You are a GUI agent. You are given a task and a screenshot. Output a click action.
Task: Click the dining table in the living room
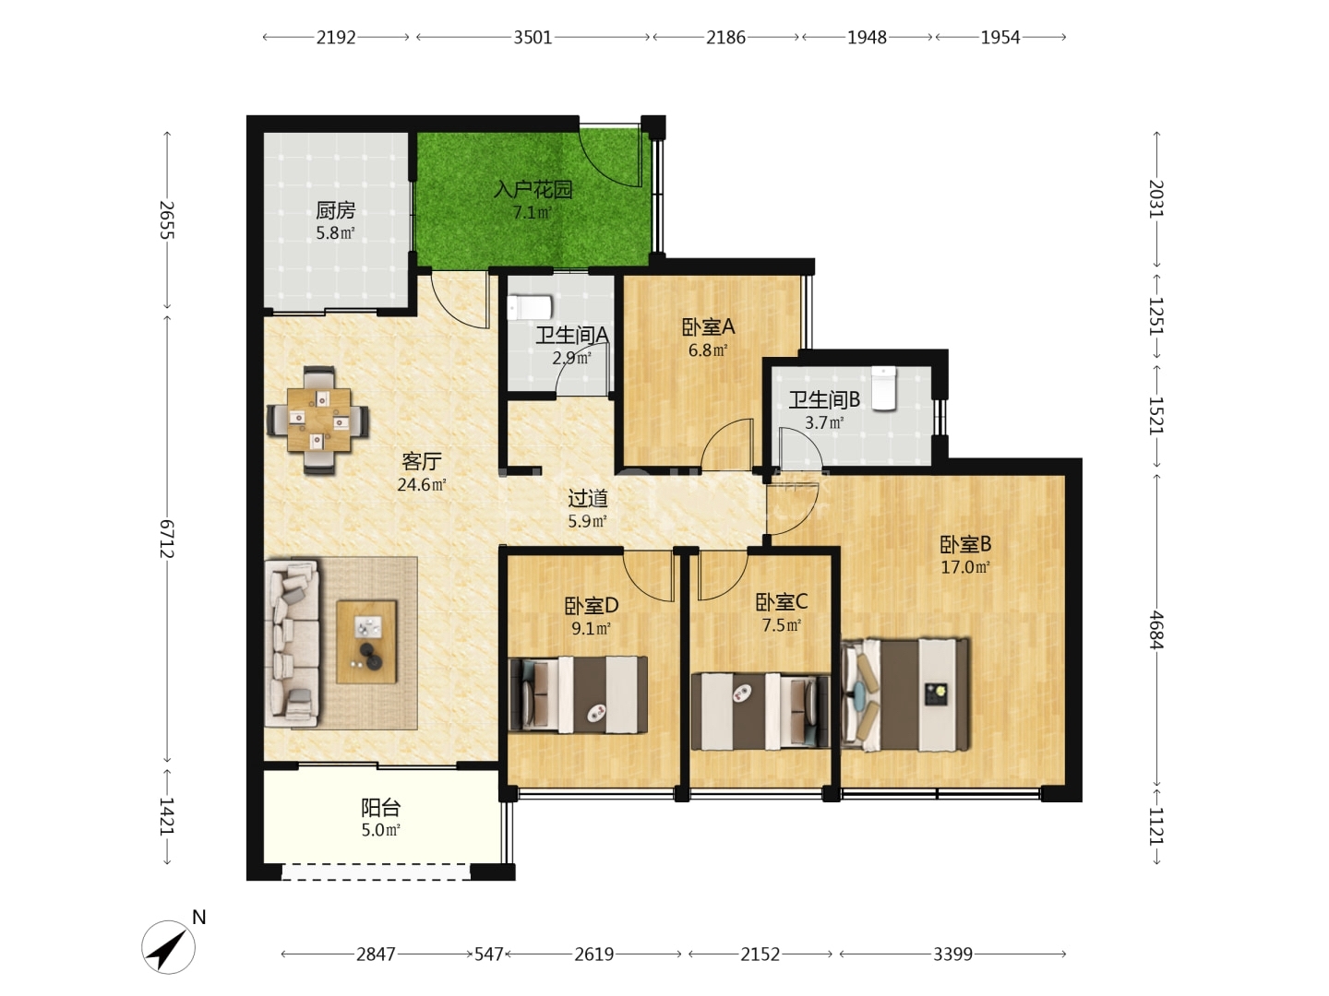click(x=318, y=420)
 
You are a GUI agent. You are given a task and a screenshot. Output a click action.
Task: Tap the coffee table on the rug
click(x=366, y=642)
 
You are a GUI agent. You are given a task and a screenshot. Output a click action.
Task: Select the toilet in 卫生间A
click(x=530, y=308)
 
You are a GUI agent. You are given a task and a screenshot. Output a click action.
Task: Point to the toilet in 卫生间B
click(x=883, y=388)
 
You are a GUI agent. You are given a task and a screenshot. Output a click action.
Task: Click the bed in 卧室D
click(x=579, y=694)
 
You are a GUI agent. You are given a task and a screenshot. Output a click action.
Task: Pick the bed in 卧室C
click(x=760, y=711)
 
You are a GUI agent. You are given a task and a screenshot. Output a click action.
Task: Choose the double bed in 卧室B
click(x=905, y=694)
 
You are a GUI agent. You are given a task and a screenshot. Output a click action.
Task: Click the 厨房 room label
click(x=335, y=210)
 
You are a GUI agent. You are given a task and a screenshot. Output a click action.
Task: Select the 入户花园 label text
click(x=533, y=190)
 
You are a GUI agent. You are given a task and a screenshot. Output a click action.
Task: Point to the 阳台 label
click(x=381, y=807)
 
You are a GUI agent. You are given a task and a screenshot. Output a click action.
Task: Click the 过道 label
click(x=587, y=498)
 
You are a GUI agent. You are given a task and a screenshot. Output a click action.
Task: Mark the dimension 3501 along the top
click(x=533, y=38)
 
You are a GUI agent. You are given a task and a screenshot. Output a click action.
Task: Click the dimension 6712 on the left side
click(x=166, y=539)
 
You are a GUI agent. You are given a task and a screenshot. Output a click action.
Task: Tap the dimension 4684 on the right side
click(x=1155, y=630)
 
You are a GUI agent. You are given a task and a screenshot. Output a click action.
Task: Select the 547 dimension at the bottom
click(x=488, y=954)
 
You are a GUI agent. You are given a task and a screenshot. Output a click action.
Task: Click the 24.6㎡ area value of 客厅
click(x=422, y=484)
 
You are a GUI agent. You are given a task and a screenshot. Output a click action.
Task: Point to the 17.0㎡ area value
click(x=965, y=567)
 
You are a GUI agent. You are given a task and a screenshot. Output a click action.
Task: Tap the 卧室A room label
click(x=708, y=327)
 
